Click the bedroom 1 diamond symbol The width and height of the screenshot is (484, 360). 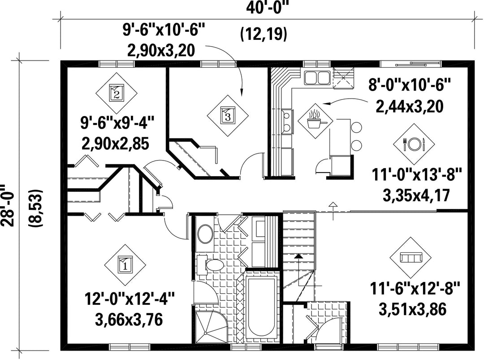(125, 265)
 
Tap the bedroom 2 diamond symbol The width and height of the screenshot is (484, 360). (117, 93)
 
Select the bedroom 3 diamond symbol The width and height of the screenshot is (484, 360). (228, 116)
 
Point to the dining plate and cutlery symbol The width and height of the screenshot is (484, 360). (414, 144)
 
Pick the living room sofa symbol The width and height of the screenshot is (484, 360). (411, 257)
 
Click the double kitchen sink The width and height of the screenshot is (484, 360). (316, 78)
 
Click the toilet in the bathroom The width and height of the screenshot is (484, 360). (211, 265)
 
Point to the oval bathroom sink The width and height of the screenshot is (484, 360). (205, 234)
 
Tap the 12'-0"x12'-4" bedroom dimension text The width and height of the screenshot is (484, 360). (130, 299)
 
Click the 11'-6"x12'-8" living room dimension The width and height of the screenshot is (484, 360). (415, 289)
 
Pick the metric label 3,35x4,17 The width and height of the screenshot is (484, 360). (416, 195)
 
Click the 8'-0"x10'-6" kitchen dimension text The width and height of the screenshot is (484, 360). (410, 84)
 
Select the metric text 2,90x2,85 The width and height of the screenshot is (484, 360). (116, 143)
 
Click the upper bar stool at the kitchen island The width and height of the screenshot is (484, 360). (356, 127)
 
